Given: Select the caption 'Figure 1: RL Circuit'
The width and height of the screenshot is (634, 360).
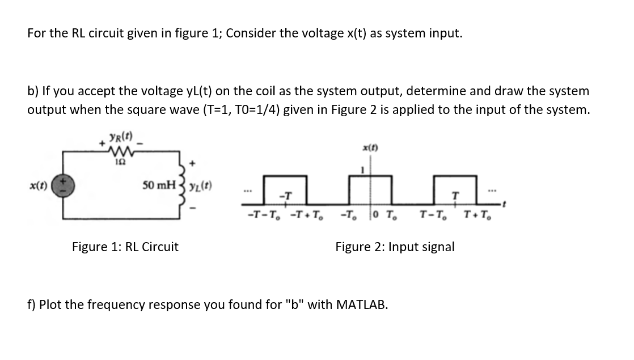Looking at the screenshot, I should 125,247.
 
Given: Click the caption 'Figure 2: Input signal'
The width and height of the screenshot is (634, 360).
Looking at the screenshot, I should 395,247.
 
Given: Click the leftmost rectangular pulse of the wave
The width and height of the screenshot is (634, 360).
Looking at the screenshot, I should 284,190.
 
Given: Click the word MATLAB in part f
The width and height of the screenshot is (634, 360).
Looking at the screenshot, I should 362,304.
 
